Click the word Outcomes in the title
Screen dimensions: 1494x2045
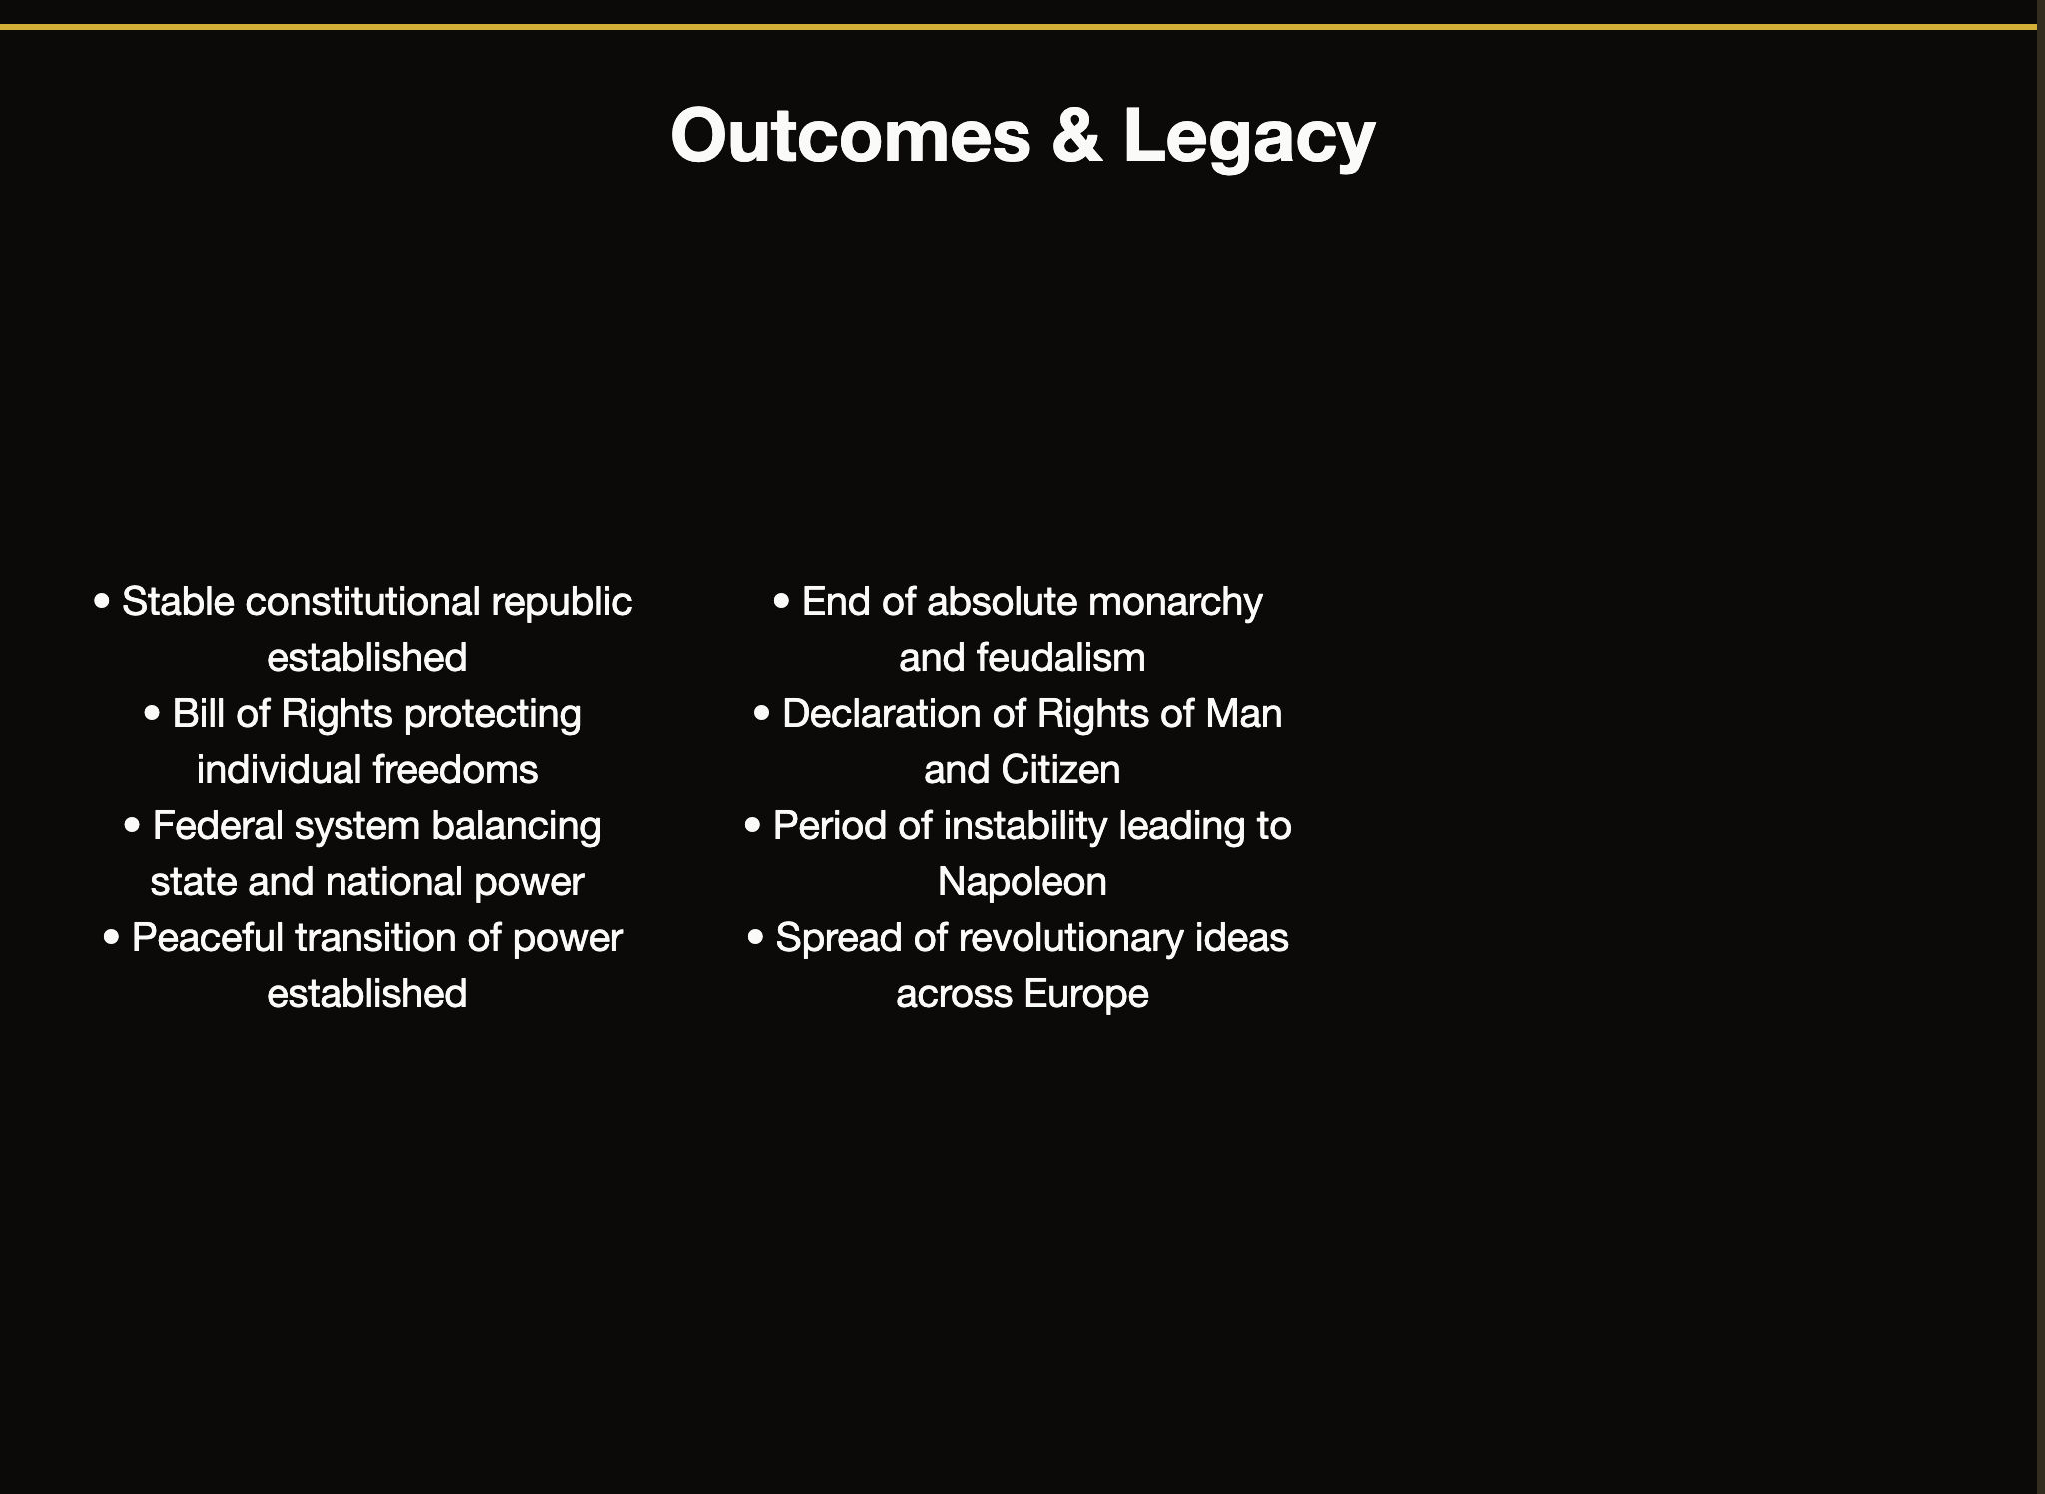coord(850,136)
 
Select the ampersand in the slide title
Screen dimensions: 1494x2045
coord(1076,136)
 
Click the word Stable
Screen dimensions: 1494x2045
coord(178,602)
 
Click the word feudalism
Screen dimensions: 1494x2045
coord(1060,658)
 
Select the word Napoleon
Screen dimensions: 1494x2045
coord(1022,882)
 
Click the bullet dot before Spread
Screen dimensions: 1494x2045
coord(756,938)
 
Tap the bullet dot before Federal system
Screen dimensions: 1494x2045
coord(133,826)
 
